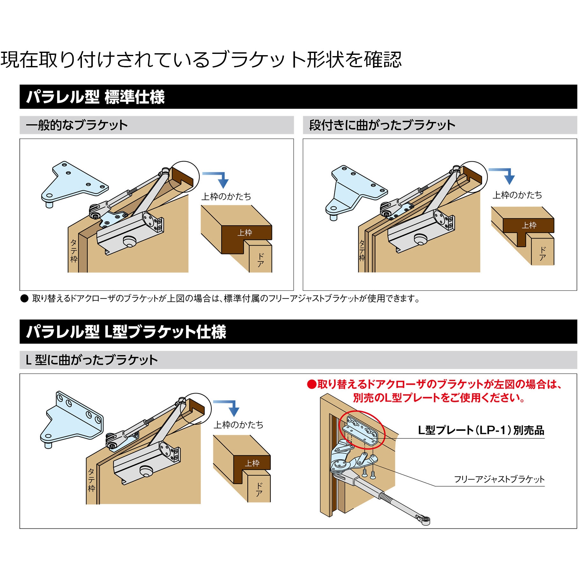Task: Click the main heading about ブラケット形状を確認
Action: [201, 60]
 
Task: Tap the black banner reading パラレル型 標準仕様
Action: [96, 97]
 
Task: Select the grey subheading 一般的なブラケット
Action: [77, 125]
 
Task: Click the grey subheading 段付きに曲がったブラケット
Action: [382, 125]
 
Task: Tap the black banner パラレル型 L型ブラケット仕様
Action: [126, 332]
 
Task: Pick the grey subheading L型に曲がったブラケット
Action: [92, 360]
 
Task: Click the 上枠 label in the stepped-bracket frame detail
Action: [529, 225]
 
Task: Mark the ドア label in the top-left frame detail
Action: [260, 260]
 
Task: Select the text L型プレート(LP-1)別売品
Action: [481, 430]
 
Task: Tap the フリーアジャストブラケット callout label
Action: [499, 479]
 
